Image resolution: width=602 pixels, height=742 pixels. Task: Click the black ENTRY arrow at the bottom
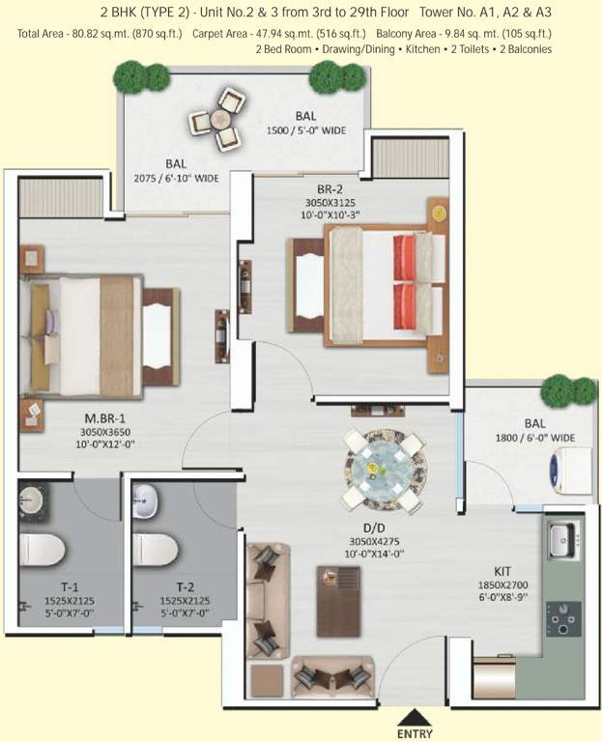coord(416,717)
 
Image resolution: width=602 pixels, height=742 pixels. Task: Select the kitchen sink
coord(560,540)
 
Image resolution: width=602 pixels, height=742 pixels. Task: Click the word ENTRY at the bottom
coord(416,734)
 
